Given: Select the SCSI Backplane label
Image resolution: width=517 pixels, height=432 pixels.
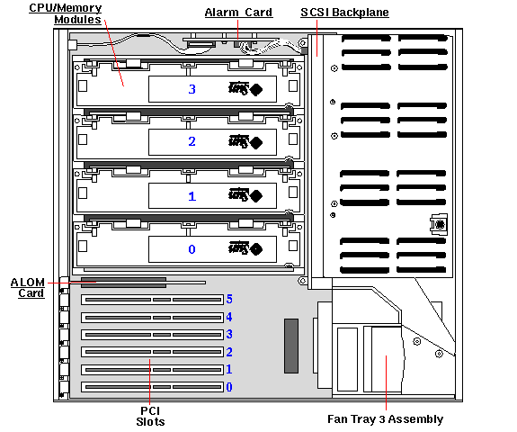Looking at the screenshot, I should (x=343, y=13).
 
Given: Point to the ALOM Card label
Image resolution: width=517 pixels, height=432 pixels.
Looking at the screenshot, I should (x=27, y=287).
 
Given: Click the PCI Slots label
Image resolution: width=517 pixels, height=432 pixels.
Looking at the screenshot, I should (x=150, y=414).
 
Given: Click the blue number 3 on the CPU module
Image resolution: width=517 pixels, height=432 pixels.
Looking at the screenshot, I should (x=191, y=90).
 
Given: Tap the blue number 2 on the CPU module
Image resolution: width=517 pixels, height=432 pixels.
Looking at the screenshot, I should (x=191, y=142).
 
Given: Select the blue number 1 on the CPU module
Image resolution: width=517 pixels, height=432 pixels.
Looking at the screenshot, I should (x=191, y=195).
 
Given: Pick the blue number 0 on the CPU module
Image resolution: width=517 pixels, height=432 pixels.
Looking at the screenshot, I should (x=191, y=248).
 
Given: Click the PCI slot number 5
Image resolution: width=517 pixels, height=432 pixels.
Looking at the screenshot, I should (x=229, y=300).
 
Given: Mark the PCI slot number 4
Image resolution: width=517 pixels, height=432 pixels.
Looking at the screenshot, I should (x=229, y=317).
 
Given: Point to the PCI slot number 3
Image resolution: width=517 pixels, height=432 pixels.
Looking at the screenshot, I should (x=229, y=334).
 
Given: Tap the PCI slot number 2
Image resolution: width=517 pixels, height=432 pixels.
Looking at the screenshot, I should (x=229, y=352).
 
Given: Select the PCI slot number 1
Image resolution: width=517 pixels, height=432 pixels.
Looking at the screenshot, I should (x=229, y=369).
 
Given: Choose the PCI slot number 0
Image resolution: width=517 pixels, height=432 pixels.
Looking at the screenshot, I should (x=229, y=387).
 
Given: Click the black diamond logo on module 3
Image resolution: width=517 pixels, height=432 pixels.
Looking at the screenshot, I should (x=256, y=90).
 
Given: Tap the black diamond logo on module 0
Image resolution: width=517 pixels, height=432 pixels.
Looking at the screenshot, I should (x=256, y=248).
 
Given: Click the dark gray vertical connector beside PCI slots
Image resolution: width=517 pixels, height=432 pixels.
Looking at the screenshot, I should (x=290, y=346).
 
